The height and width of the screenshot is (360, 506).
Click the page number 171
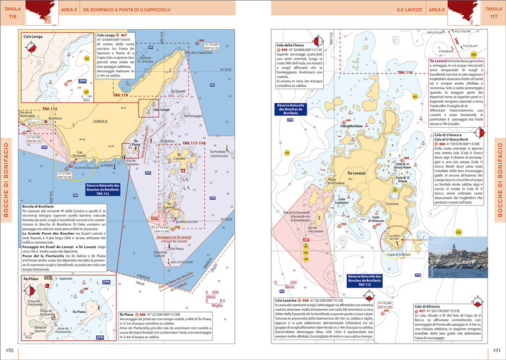tap(497, 351)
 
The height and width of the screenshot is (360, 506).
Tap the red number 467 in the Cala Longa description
tap(124, 35)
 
